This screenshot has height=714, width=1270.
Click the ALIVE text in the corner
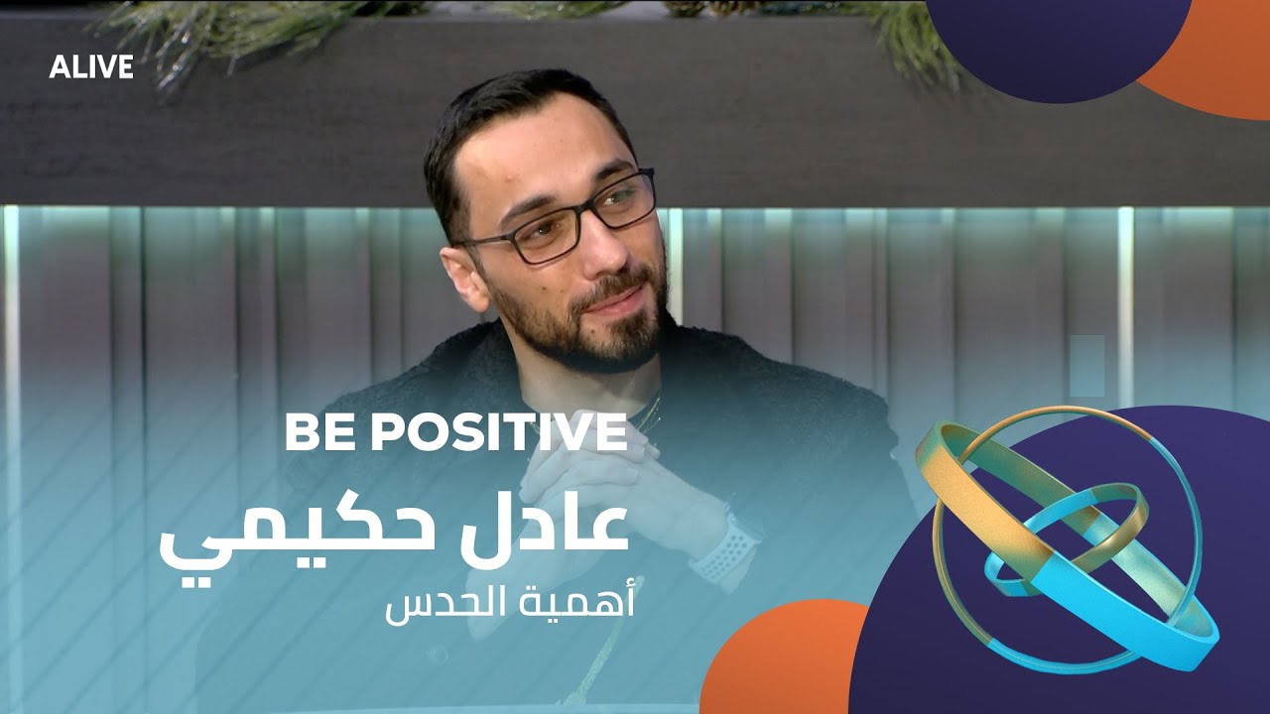(91, 67)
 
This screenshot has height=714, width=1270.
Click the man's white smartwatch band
(716, 550)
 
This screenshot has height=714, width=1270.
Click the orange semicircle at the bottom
(784, 664)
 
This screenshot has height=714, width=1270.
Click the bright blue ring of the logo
(1141, 615)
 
